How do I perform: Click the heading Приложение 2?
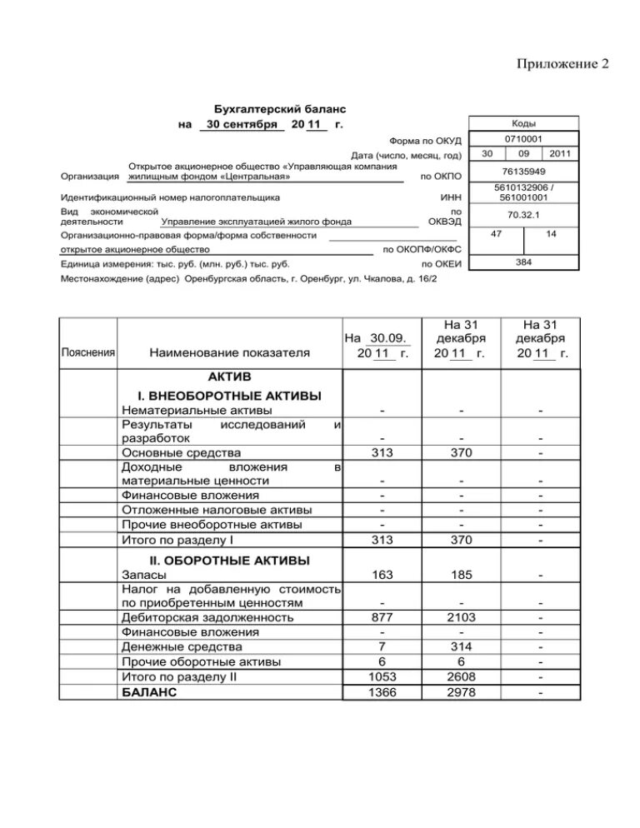coord(563,64)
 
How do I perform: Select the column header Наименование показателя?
coord(229,352)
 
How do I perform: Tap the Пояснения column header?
coord(88,352)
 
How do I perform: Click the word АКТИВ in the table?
coord(229,377)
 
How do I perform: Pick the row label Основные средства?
coord(171,451)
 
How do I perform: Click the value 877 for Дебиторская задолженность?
coord(382,617)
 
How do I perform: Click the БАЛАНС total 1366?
coord(382,692)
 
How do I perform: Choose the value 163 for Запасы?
coord(382,575)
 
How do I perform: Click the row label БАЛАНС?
coord(149,692)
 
